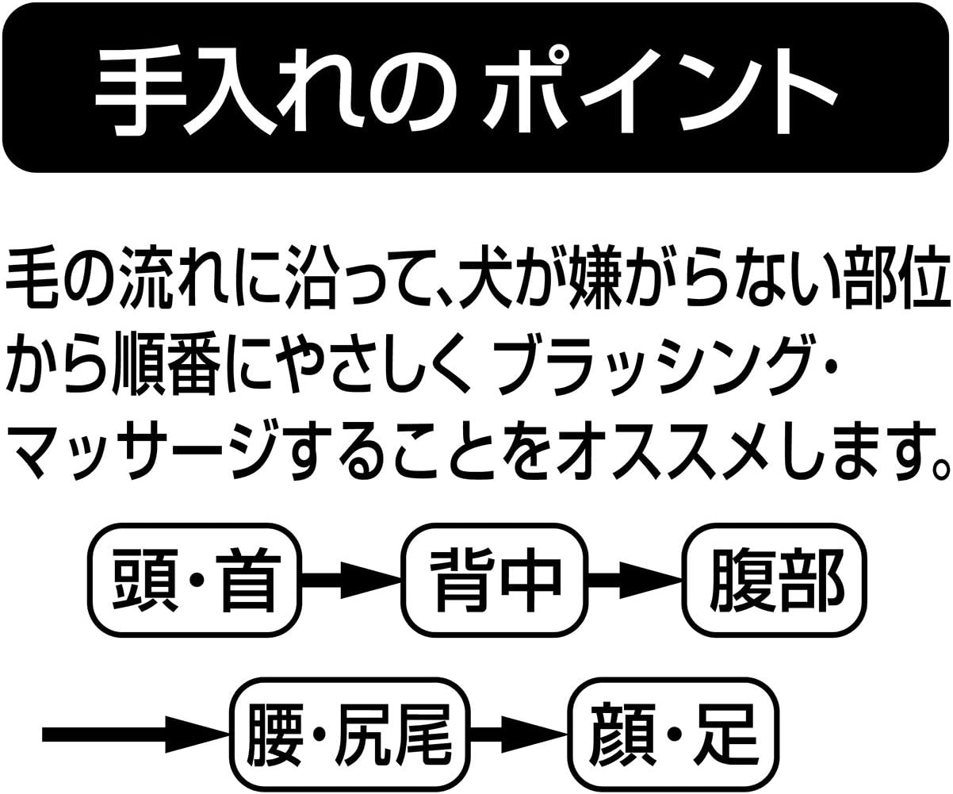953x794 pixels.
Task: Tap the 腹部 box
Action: pos(775,578)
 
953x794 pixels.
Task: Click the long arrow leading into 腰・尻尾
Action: pos(135,734)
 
